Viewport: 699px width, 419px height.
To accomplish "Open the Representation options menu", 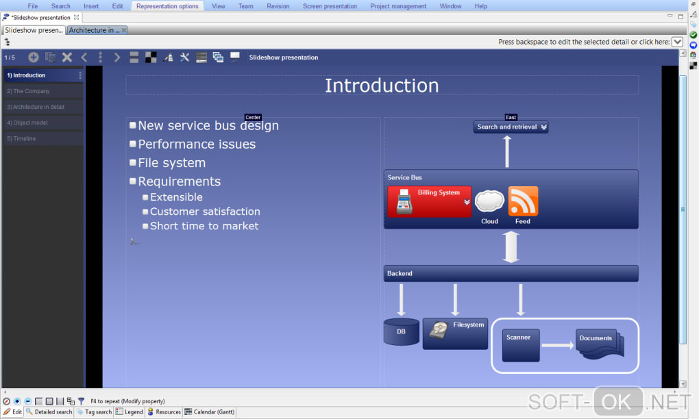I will click(x=168, y=6).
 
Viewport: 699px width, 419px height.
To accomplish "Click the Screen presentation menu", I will click(x=330, y=6).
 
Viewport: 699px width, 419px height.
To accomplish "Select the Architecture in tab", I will click(x=95, y=30).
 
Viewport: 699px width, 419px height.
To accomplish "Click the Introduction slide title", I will click(x=382, y=86).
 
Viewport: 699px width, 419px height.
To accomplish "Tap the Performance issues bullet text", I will click(x=197, y=144).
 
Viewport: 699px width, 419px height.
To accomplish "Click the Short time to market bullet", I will click(x=204, y=226).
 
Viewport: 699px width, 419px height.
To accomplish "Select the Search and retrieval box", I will click(x=511, y=127).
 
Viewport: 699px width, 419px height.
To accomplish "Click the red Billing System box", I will click(x=430, y=201).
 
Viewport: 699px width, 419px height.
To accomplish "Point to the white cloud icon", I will click(x=489, y=201).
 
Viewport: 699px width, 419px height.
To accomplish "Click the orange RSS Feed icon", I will click(x=523, y=201).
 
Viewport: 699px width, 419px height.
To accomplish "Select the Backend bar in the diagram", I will click(x=511, y=274).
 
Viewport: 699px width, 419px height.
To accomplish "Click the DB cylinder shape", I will click(x=401, y=332).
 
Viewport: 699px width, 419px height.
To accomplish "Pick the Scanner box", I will click(x=521, y=345).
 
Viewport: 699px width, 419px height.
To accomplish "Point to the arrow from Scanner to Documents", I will click(x=557, y=345).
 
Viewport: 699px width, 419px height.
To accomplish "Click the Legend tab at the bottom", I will click(x=130, y=412).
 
